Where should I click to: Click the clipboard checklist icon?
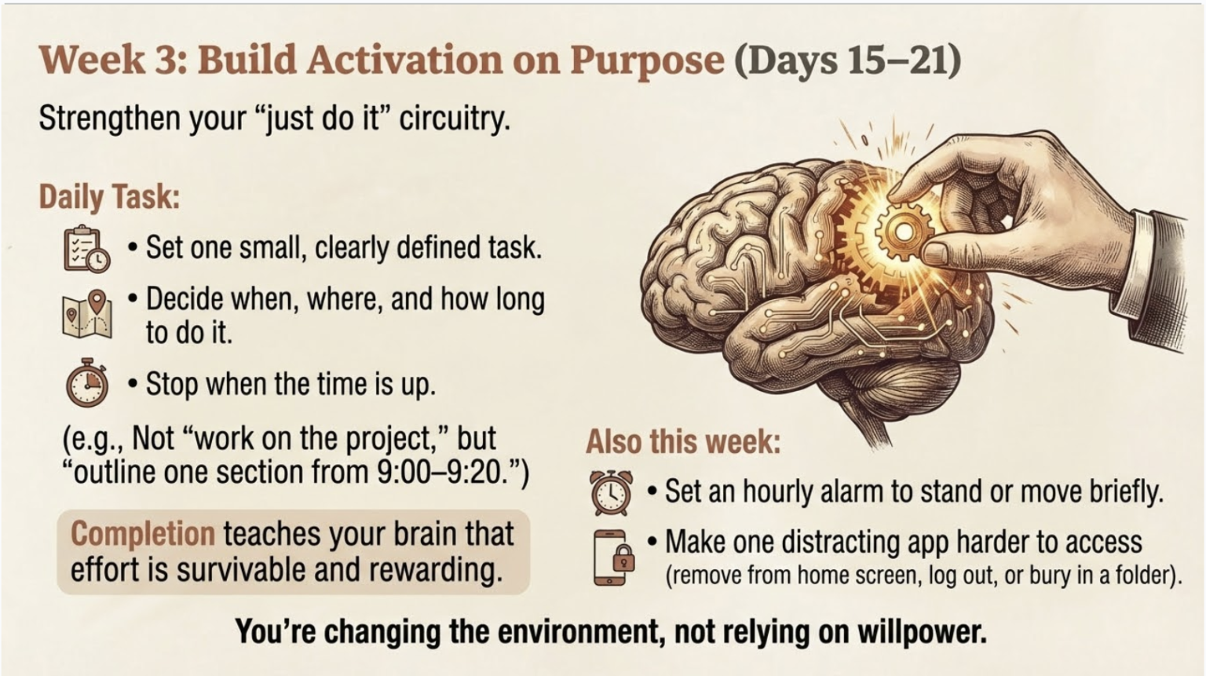tap(86, 249)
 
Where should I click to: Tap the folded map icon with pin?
tap(87, 314)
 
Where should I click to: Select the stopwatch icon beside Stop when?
tap(87, 383)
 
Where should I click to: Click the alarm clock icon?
tap(611, 492)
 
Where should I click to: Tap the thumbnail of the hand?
tap(935, 253)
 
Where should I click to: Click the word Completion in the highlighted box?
tap(142, 534)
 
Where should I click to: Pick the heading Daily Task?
tap(109, 196)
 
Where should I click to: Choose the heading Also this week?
tap(683, 441)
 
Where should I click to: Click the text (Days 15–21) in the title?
tap(847, 60)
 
